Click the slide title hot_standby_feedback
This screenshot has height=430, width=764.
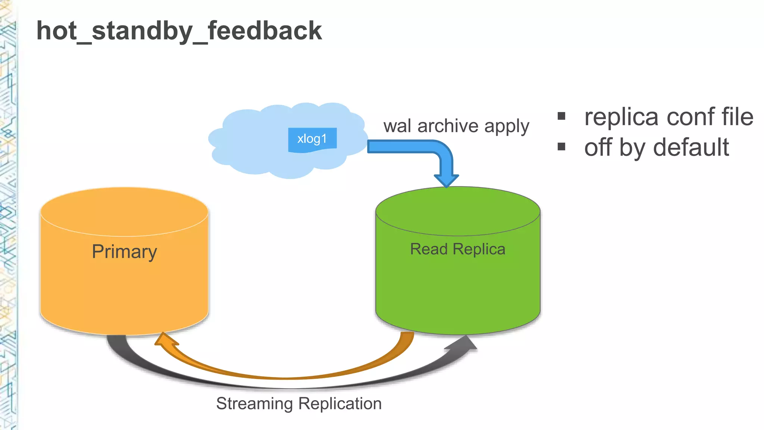[x=179, y=31]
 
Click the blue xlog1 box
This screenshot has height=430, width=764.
[x=312, y=139]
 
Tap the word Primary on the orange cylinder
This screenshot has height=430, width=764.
[x=124, y=252]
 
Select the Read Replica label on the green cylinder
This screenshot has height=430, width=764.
[x=458, y=249]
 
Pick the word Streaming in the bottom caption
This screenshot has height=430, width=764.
[x=254, y=404]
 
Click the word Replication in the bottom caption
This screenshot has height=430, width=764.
[x=340, y=404]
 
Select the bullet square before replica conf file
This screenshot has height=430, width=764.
[x=561, y=116]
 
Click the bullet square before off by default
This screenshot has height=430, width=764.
[x=561, y=146]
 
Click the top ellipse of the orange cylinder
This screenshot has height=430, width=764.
[x=124, y=211]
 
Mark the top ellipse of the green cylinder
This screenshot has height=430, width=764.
[x=458, y=211]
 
